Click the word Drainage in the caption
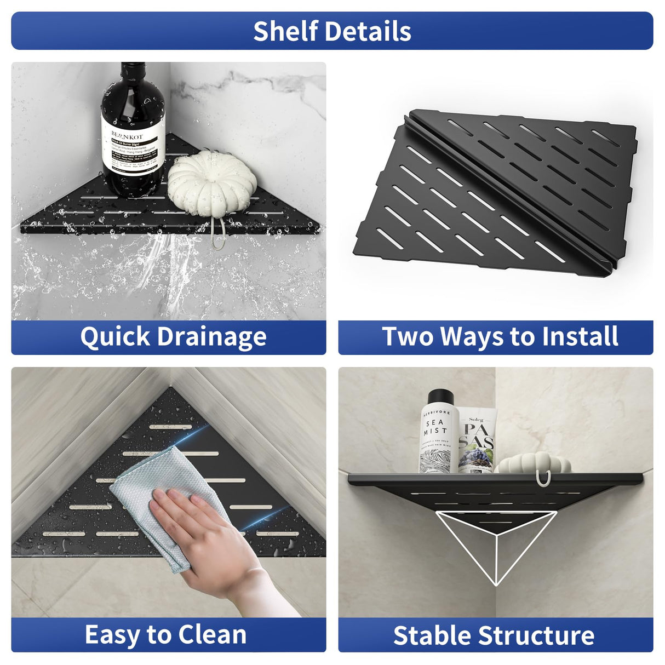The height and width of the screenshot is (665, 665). pyautogui.click(x=211, y=337)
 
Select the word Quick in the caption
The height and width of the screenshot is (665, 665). pyautogui.click(x=115, y=337)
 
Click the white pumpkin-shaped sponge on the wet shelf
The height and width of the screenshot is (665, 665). pyautogui.click(x=211, y=181)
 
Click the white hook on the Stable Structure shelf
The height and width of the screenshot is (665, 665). pyautogui.click(x=541, y=479)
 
